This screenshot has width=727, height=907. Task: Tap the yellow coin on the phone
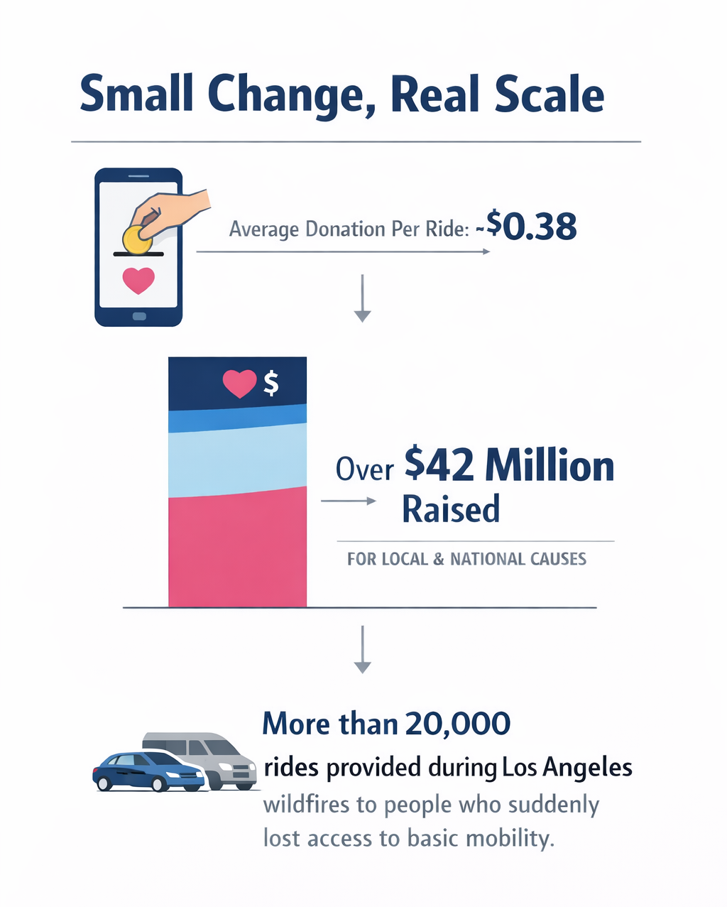coord(137,240)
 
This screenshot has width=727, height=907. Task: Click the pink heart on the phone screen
coord(138,281)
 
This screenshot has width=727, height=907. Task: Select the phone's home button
coord(139,316)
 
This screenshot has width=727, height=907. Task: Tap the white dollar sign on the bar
coord(270,384)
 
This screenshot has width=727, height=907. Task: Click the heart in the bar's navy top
coord(239,384)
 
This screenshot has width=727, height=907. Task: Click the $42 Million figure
coord(508,467)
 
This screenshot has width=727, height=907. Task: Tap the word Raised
coord(451,509)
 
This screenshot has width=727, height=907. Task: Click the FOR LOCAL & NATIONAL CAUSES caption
coord(466,559)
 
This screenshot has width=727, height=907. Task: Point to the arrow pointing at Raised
coord(349,501)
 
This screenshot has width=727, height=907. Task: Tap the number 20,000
coord(458,724)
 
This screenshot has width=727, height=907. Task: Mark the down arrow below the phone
coord(363,298)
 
